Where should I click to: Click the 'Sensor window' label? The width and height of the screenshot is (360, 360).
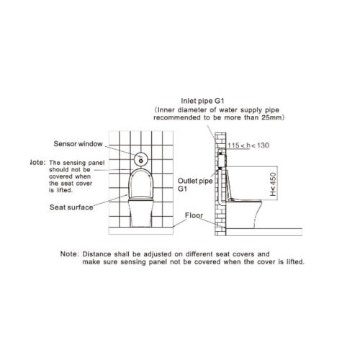click(78, 144)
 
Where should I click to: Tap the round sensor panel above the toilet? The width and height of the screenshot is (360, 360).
click(141, 159)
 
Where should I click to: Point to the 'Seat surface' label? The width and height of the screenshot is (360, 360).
click(71, 207)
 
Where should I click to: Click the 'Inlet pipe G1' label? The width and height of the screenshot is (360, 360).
click(202, 101)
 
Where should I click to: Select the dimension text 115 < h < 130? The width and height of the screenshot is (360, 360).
click(248, 145)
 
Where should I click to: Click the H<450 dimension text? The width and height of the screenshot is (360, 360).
click(273, 184)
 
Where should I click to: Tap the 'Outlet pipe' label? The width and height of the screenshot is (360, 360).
click(195, 181)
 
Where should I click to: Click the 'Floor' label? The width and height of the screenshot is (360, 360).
click(194, 215)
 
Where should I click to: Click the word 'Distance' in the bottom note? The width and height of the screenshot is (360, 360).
click(96, 254)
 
